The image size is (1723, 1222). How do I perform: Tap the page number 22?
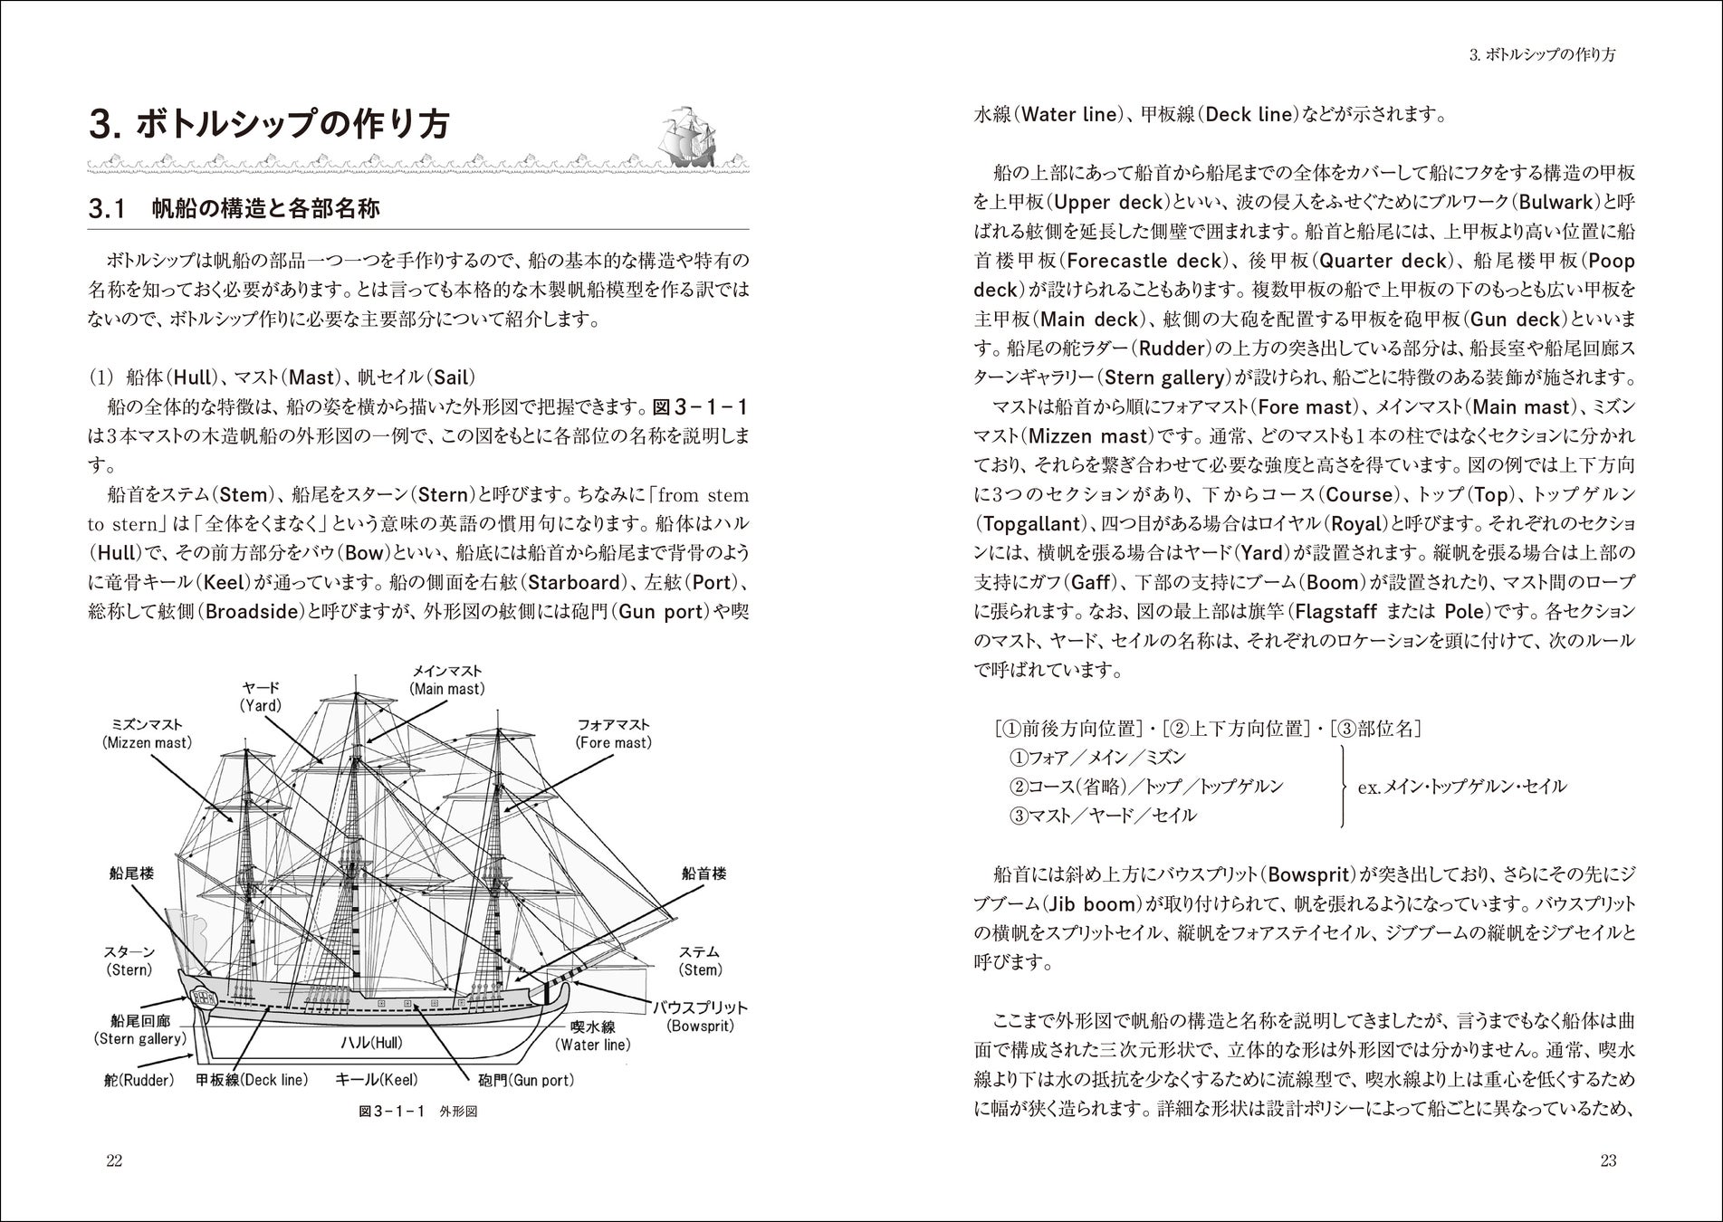[114, 1161]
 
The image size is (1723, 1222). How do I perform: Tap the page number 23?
[1608, 1161]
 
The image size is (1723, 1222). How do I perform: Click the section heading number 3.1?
[107, 210]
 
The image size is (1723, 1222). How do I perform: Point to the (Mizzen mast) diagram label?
[148, 743]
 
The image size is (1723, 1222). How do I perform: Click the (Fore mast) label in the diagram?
[613, 743]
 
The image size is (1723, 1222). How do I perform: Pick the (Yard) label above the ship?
[261, 705]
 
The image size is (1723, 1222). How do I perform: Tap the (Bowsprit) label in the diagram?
[700, 1026]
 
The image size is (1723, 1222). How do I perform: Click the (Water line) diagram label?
[593, 1045]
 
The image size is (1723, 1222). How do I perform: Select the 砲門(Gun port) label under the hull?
[525, 1080]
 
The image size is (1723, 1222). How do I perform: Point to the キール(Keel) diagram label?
[377, 1080]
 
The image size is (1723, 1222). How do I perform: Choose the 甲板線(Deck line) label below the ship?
[252, 1080]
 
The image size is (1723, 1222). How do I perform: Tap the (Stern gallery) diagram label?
[140, 1039]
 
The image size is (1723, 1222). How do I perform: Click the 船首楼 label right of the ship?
[704, 874]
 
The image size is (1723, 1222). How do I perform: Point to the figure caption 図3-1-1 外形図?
[417, 1112]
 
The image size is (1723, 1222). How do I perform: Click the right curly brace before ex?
[1343, 786]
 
